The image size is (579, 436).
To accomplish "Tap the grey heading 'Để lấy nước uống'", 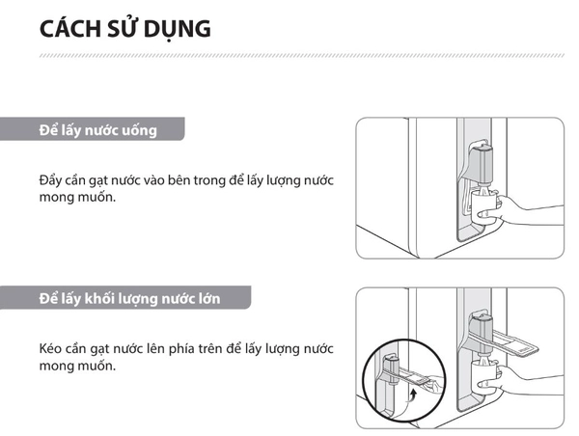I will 97,129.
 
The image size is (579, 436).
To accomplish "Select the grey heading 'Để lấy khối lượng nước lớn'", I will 129,298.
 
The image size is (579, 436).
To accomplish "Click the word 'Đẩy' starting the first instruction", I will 50,180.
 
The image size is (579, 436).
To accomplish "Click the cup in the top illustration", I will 482,205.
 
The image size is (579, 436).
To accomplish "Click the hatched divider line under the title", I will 289,57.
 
